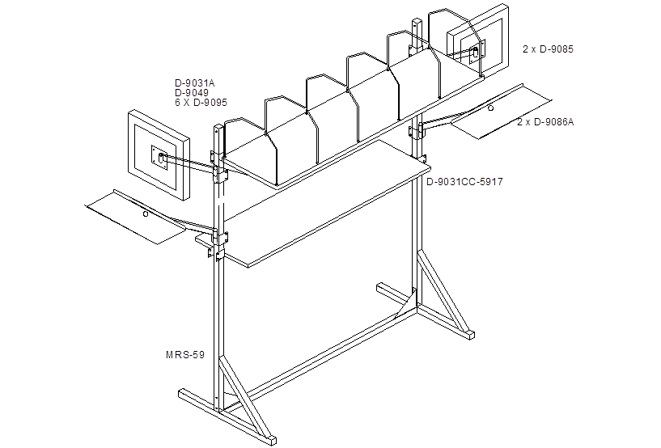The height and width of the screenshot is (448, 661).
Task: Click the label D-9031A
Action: pos(195,83)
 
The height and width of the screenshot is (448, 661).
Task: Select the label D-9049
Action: pos(192,93)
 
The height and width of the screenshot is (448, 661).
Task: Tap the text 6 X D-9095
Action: pos(201,103)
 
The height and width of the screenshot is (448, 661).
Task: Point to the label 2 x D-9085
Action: pos(548,49)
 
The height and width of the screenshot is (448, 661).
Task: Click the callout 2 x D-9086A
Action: pos(545,122)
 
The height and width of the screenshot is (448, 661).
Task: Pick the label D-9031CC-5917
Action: pos(464,182)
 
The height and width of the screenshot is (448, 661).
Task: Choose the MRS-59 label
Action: pos(185,354)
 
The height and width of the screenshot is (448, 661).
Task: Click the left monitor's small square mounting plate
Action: pos(159,158)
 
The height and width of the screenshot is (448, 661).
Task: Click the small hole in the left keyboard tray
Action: pos(146,214)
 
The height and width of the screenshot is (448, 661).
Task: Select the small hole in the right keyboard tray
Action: pos(490,108)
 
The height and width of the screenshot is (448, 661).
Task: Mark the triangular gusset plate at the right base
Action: pos(407,304)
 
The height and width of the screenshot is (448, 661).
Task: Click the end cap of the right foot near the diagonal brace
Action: pos(471,336)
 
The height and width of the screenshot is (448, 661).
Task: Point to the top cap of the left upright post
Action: pos(218,126)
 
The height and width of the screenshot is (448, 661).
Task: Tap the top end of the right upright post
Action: pos(417,20)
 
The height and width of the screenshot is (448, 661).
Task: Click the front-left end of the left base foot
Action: pos(182,394)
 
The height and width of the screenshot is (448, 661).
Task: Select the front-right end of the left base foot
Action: pos(273,440)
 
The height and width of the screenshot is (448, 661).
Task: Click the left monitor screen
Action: pos(157,156)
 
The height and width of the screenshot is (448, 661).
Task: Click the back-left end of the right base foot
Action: pos(380,287)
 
